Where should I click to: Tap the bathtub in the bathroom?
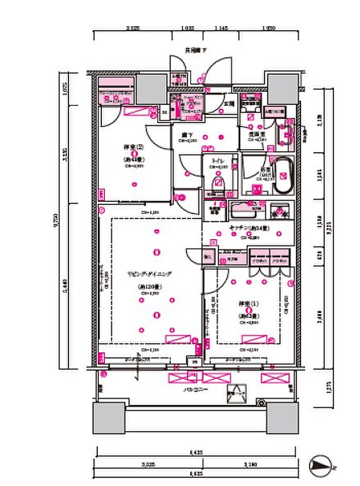[283, 176]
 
